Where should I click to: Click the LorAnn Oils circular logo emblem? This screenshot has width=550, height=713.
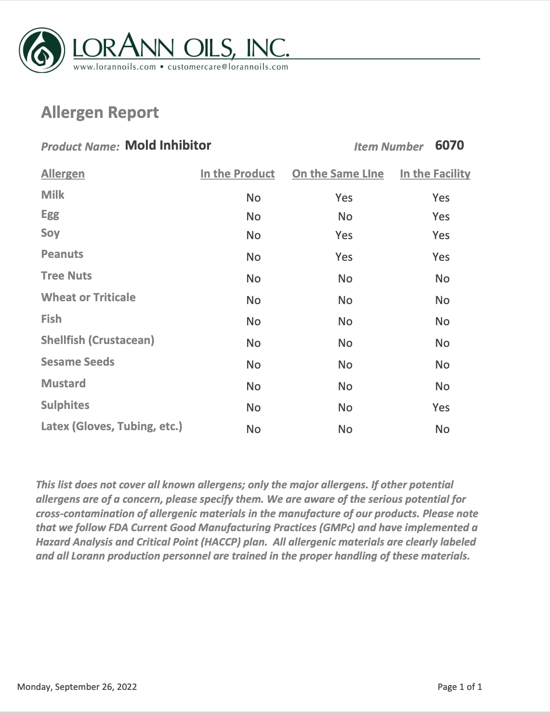click(x=42, y=50)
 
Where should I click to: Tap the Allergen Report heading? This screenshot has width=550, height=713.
click(x=100, y=112)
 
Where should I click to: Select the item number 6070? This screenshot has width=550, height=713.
click(x=449, y=145)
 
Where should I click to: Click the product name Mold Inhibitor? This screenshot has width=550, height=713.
click(x=168, y=145)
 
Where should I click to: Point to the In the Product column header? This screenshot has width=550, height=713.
click(x=237, y=174)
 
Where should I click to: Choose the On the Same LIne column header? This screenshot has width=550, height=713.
click(x=338, y=174)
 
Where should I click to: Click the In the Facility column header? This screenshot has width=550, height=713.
click(x=435, y=174)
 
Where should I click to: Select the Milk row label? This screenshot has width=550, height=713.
click(x=52, y=195)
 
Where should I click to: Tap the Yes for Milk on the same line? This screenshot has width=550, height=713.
click(x=344, y=198)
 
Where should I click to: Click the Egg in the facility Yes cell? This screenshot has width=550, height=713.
click(x=441, y=216)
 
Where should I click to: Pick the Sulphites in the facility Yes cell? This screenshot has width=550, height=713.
click(x=441, y=407)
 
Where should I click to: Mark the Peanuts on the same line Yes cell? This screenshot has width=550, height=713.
click(x=344, y=257)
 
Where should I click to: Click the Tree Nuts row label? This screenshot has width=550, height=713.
click(x=66, y=276)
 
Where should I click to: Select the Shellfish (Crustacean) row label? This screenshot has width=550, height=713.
click(x=97, y=340)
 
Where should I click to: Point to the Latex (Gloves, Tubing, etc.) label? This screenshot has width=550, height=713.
click(x=111, y=426)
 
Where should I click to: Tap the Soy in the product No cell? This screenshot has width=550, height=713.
click(x=253, y=235)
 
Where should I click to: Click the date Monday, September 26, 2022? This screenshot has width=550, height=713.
click(x=77, y=687)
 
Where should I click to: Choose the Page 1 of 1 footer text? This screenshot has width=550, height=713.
click(x=459, y=687)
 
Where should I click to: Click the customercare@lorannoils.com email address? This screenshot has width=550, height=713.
click(x=228, y=67)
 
